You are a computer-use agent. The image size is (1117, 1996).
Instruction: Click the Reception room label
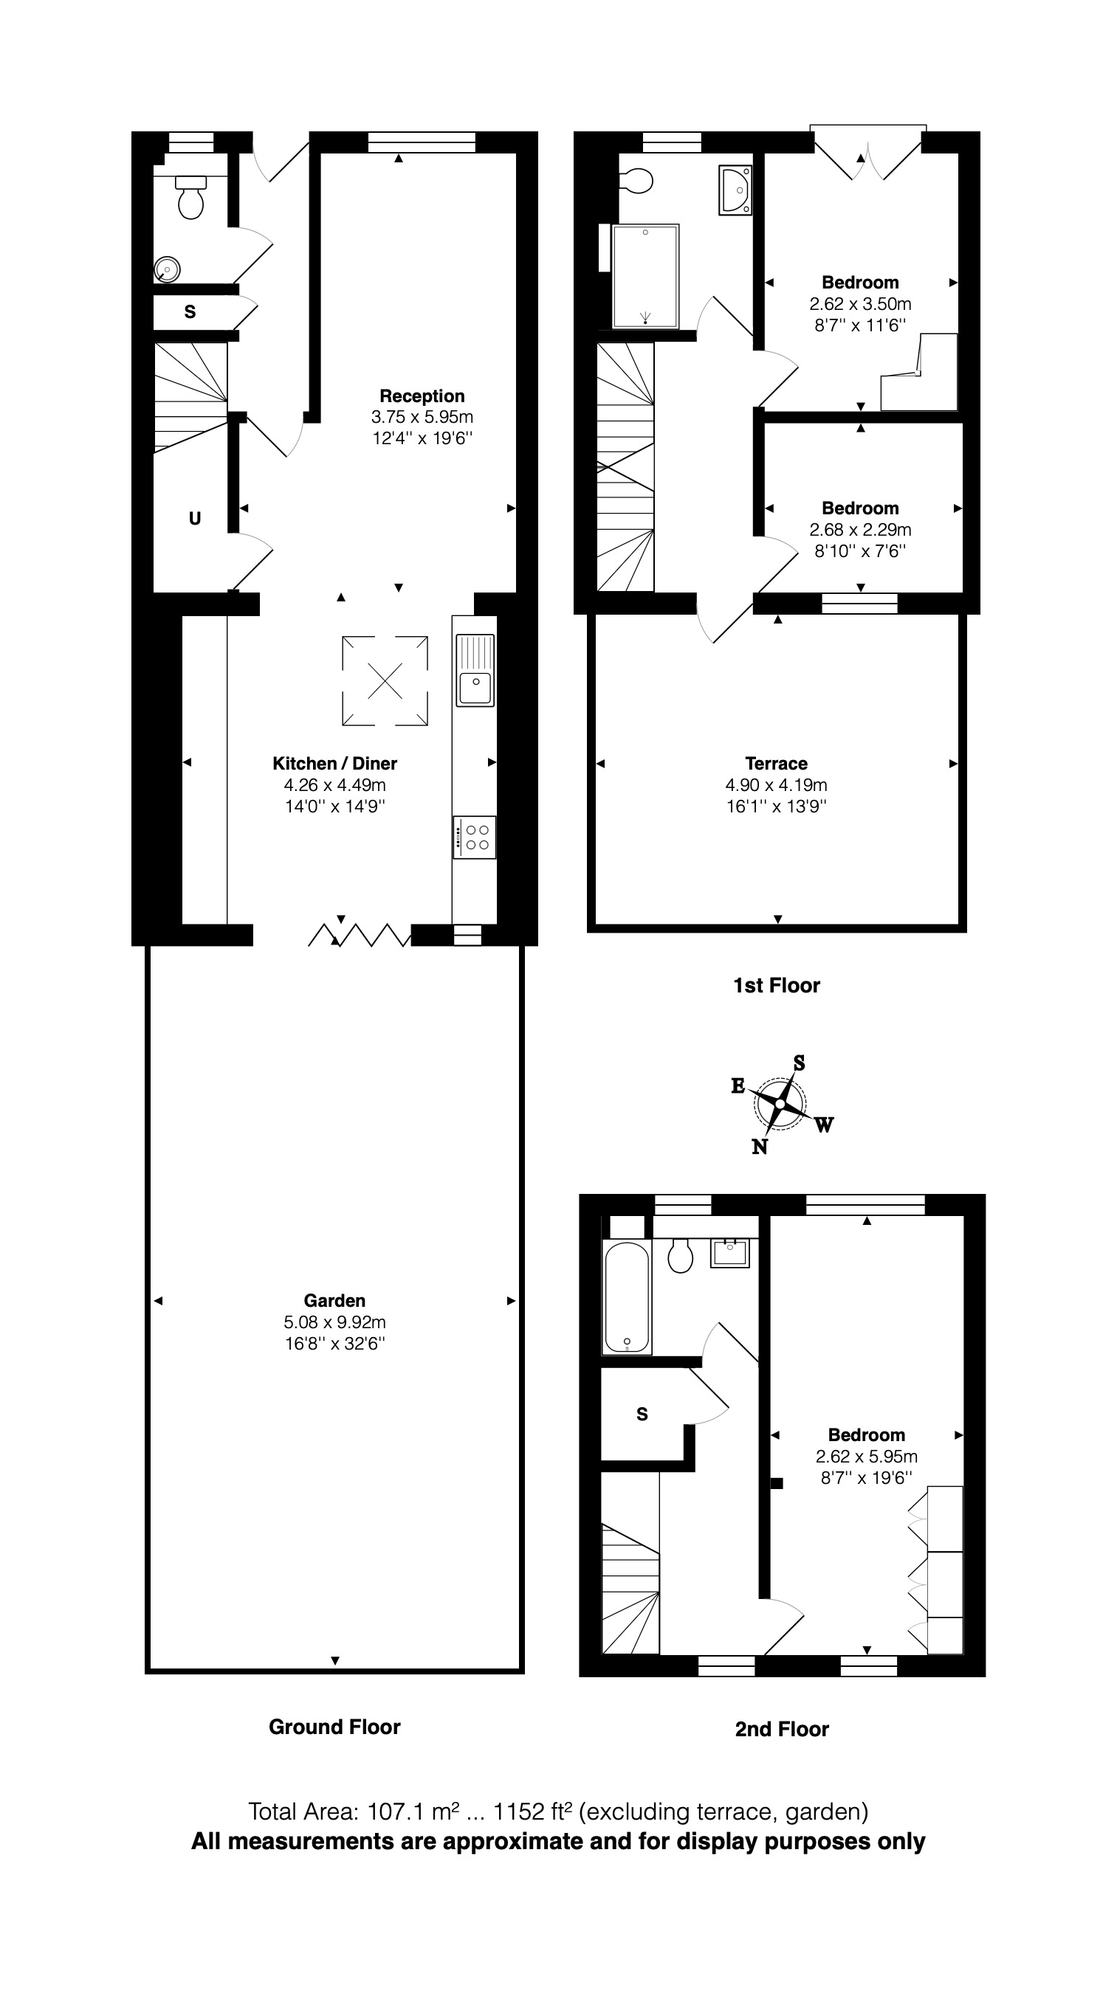(422, 396)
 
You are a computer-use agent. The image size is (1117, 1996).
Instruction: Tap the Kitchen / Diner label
(334, 763)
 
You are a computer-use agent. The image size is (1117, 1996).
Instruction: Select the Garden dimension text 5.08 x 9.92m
(334, 1322)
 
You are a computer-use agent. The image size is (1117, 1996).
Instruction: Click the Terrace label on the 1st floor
(776, 763)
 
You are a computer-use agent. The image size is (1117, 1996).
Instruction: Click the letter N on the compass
(760, 1147)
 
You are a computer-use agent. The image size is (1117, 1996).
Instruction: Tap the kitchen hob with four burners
(475, 837)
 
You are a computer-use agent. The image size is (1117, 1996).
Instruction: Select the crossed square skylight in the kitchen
(385, 680)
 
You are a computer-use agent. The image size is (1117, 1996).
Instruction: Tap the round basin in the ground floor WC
(168, 269)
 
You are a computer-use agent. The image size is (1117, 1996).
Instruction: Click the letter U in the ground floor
(195, 519)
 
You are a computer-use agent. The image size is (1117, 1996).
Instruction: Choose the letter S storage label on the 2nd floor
(642, 1414)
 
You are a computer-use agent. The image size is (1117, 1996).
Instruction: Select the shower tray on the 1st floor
(645, 276)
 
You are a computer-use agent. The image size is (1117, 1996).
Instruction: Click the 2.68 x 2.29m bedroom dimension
(859, 530)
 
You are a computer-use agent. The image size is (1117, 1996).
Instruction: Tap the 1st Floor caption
(776, 986)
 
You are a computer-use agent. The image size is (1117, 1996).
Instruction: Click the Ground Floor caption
(334, 1727)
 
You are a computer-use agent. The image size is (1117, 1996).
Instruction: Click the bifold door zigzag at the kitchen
(359, 935)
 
